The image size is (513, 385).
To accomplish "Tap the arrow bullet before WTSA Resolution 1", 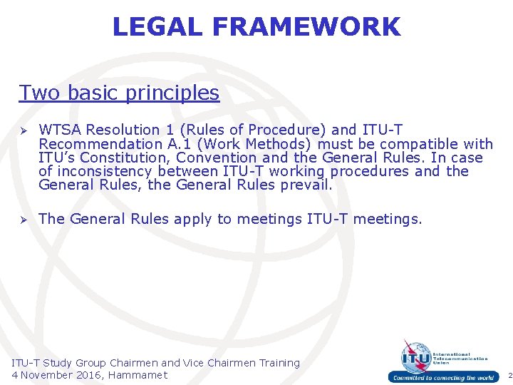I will coord(24,130).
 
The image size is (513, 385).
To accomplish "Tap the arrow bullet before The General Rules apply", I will coord(24,220).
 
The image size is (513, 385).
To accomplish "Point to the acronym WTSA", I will coord(59,130).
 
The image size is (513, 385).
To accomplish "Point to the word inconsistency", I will coord(104,171).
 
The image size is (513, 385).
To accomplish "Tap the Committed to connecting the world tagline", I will coord(442,378).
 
